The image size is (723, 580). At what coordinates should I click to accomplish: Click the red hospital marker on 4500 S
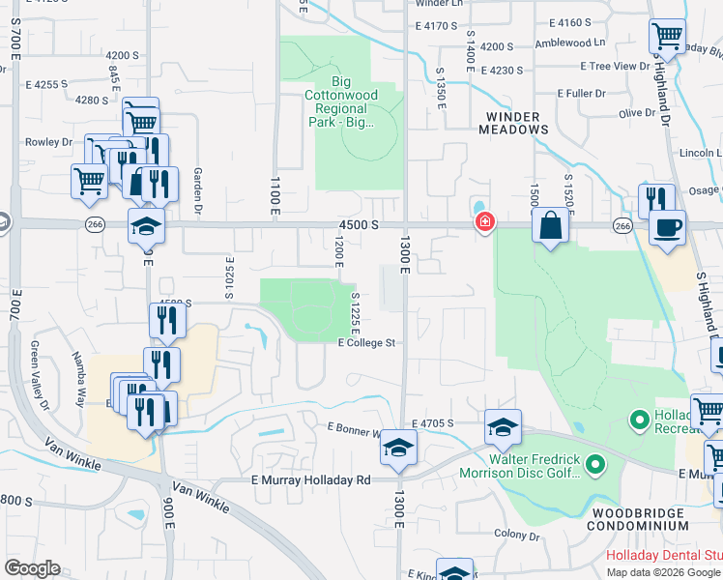[x=483, y=223]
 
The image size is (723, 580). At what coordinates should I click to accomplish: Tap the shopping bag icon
[x=550, y=226]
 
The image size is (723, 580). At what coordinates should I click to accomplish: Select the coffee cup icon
[x=667, y=228]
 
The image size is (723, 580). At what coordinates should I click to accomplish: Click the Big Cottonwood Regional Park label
[x=353, y=101]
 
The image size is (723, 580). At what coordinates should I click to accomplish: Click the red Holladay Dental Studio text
[x=663, y=556]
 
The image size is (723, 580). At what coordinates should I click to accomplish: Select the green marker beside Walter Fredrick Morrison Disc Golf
[x=596, y=466]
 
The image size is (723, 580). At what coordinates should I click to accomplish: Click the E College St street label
[x=367, y=342]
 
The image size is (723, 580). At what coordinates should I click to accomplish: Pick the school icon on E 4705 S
[x=503, y=425]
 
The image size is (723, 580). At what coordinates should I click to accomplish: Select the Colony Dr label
[x=516, y=534]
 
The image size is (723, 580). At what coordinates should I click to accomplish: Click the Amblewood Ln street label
[x=570, y=43]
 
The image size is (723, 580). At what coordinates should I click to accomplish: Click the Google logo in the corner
[x=32, y=568]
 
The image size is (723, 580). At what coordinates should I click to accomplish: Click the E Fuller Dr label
[x=581, y=93]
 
